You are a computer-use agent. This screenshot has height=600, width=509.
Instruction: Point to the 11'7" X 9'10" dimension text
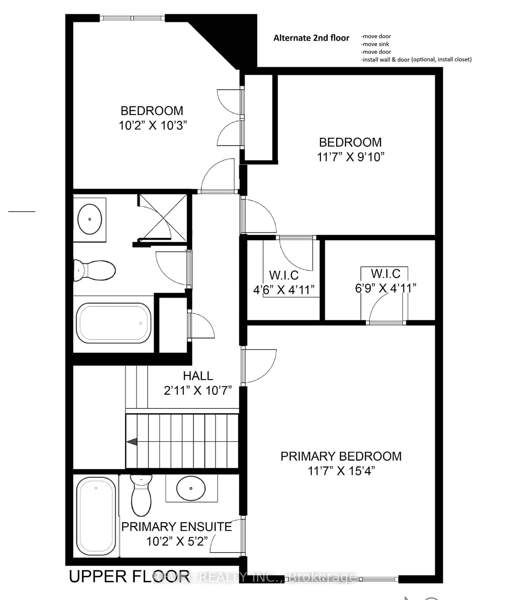pyautogui.click(x=351, y=157)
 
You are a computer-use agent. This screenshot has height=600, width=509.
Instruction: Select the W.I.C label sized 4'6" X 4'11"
pyautogui.click(x=284, y=275)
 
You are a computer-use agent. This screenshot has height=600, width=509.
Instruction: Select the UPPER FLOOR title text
pyautogui.click(x=129, y=577)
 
